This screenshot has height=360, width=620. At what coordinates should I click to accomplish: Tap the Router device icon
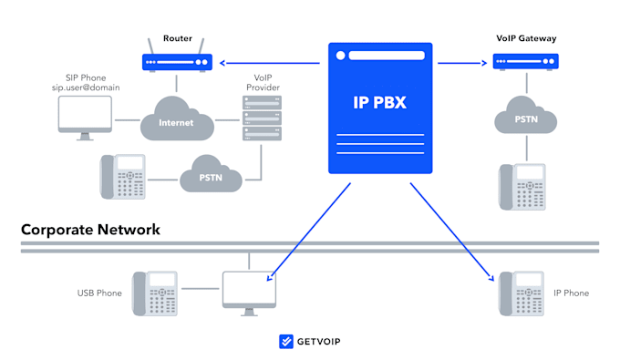pos(178,62)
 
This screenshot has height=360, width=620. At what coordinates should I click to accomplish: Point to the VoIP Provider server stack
pos(260,119)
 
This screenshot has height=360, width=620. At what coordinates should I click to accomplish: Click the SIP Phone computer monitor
pos(85,118)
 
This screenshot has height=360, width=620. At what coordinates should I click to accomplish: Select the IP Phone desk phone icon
pos(521,293)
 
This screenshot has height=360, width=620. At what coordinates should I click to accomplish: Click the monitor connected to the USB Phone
pos(249,293)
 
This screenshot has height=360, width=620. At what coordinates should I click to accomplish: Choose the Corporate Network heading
pos(91,230)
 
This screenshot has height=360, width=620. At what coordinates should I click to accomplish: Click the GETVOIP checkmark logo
pos(285,342)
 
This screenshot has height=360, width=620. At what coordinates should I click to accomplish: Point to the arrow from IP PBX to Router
pos(270,63)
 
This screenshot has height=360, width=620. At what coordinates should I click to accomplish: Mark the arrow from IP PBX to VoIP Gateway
pos(460,63)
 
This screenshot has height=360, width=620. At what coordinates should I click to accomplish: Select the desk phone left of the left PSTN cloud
pos(123,176)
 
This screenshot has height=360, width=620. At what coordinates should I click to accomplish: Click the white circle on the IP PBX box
pos(340,56)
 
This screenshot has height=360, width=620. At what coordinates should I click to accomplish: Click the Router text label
pos(178,38)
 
